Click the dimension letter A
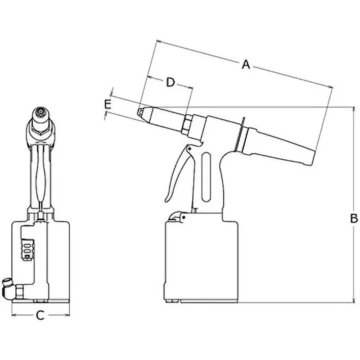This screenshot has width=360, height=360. point(245,64)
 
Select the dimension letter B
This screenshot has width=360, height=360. point(354,219)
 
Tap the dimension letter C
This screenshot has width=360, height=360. point(40,316)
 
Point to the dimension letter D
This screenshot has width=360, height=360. point(170,82)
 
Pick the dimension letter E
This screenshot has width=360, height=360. point(108,104)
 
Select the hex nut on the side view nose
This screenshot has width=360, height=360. point(187,124)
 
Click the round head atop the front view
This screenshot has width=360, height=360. point(40,114)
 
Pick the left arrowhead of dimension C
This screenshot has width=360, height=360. point(12,315)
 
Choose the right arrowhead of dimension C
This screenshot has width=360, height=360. point(68,315)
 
